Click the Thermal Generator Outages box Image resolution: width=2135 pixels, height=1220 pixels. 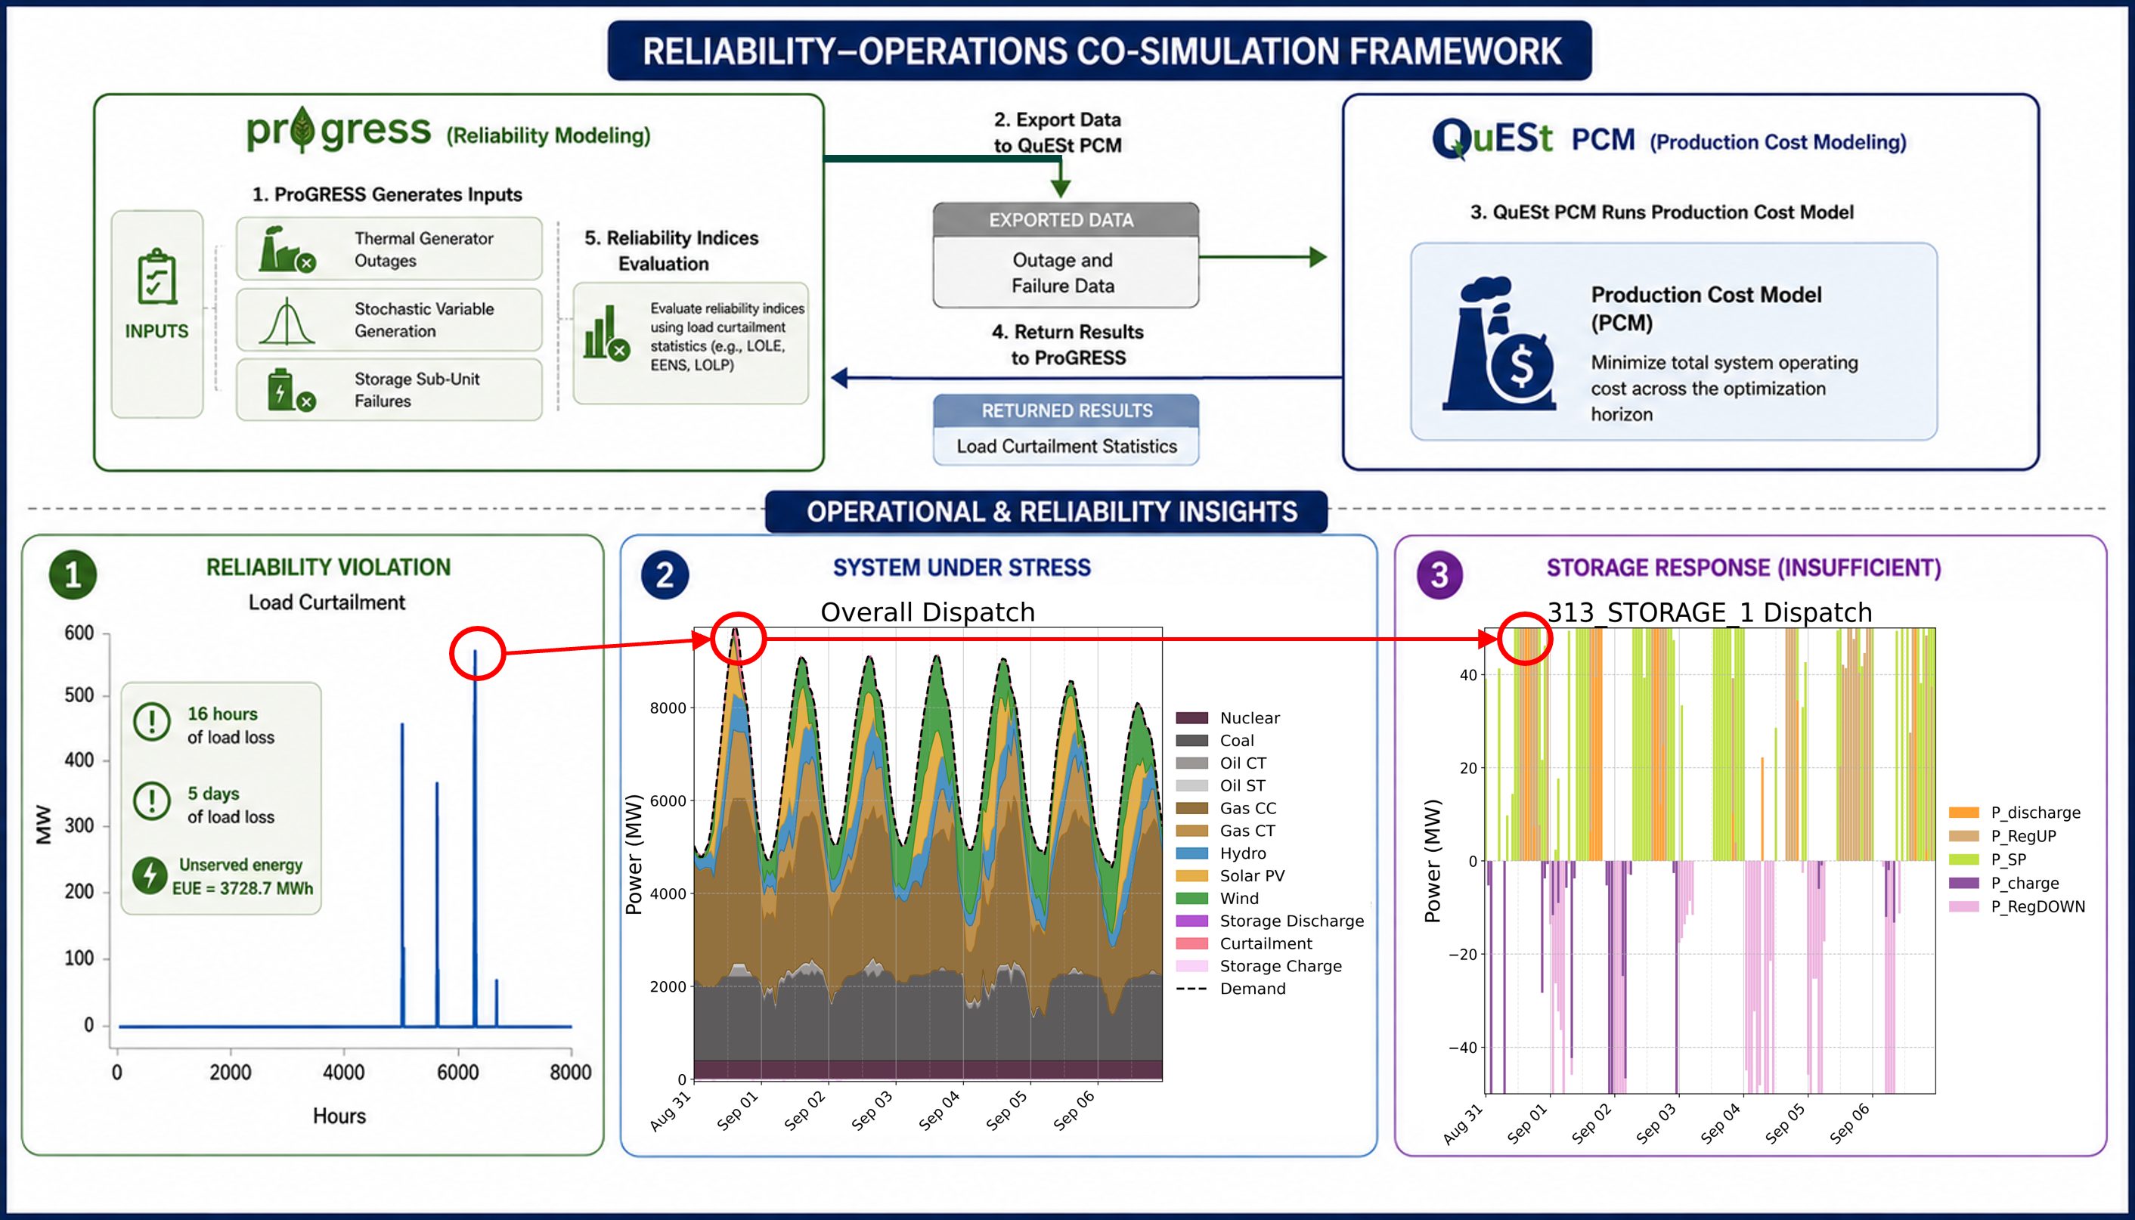point(389,249)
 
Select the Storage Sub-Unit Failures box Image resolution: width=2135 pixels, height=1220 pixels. point(389,389)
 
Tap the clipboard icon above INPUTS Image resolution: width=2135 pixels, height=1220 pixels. point(156,277)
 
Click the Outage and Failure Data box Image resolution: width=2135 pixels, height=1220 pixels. point(1066,272)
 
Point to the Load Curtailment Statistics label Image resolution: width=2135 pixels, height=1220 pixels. point(1067,447)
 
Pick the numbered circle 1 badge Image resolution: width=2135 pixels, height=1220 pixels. point(73,574)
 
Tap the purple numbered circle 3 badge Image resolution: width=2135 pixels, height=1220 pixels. point(1439,574)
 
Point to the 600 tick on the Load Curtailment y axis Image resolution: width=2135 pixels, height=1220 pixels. point(79,633)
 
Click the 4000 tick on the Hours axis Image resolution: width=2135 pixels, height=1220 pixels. point(343,1073)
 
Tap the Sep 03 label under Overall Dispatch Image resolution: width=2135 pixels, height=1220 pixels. point(872,1111)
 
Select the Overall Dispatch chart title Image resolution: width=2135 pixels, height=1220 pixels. point(928,612)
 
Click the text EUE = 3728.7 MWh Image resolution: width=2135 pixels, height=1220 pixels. point(243,888)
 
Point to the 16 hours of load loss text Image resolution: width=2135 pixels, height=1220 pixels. point(231,726)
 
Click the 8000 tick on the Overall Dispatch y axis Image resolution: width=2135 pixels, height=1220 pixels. point(668,708)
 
